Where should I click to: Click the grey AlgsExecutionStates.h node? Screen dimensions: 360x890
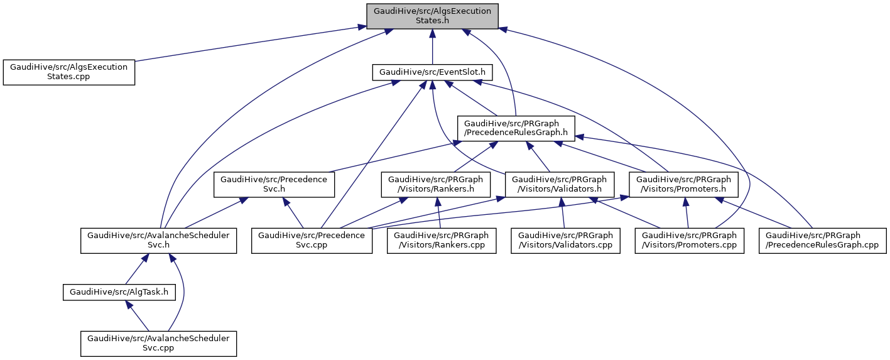(432, 16)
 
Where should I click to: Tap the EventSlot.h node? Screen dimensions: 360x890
(432, 72)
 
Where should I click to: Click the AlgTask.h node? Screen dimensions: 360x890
(119, 292)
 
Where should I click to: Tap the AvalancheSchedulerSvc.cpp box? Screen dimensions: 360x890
(158, 343)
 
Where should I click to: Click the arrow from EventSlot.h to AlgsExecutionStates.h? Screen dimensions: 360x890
(432, 48)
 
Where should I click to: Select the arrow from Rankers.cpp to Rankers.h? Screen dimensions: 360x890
(438, 214)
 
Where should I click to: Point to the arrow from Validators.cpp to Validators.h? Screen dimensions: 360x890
(563, 214)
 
